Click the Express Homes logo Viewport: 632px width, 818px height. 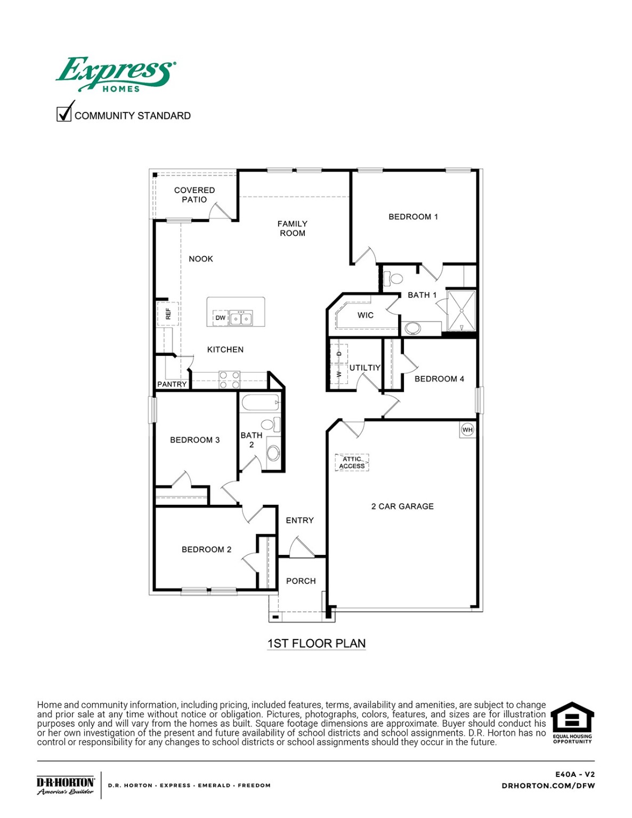[116, 75]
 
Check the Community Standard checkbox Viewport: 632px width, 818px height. [64, 114]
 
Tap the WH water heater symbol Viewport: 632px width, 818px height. [467, 430]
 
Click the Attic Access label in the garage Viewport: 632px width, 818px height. [352, 462]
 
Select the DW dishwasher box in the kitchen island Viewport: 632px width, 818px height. [220, 318]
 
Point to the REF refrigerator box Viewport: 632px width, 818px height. [168, 314]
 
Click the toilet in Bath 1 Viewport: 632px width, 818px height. [395, 278]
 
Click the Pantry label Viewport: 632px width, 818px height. [172, 384]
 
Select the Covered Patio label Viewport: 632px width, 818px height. [195, 195]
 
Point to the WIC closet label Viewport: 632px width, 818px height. [366, 315]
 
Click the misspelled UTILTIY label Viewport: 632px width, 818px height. [365, 367]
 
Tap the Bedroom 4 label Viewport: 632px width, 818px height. [439, 379]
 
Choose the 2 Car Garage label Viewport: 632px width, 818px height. [402, 506]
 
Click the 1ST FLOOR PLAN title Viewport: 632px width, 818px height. [317, 643]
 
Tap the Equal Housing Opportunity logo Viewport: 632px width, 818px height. [572, 722]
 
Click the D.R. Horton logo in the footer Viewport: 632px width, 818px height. [66, 785]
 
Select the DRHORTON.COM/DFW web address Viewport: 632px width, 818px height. [548, 786]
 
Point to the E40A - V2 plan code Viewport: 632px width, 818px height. [574, 774]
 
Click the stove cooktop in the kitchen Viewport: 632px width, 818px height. [230, 380]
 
